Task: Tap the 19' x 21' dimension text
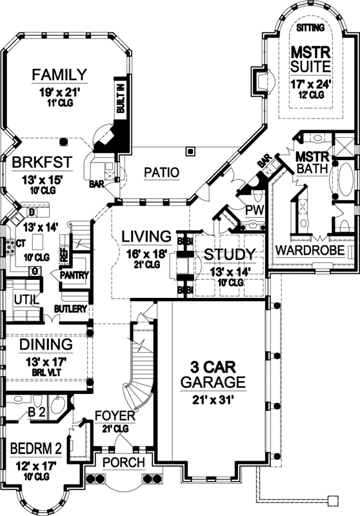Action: point(59,92)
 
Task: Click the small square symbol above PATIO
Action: point(190,152)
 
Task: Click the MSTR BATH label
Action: point(312,163)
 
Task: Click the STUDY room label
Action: point(229,254)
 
